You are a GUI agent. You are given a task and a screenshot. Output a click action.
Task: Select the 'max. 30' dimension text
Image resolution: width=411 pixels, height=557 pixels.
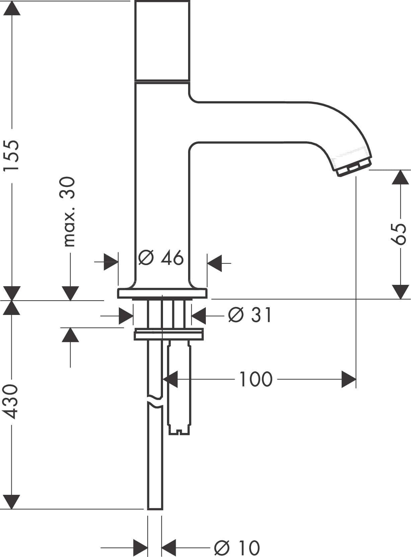pyautogui.click(x=67, y=212)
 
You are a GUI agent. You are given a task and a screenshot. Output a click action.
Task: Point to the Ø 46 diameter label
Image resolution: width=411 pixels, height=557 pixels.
pyautogui.click(x=161, y=258)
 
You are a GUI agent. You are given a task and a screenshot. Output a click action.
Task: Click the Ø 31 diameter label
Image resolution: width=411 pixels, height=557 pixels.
pyautogui.click(x=249, y=315)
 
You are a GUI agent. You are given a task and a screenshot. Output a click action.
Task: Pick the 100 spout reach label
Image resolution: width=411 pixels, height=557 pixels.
pyautogui.click(x=256, y=379)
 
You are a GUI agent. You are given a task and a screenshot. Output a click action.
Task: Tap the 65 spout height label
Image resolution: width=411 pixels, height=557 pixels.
pyautogui.click(x=398, y=234)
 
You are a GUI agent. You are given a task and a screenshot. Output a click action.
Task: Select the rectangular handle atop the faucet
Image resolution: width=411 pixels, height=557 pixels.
pyautogui.click(x=162, y=40)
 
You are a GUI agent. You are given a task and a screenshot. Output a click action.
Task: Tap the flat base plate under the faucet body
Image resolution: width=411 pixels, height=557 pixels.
pyautogui.click(x=162, y=293)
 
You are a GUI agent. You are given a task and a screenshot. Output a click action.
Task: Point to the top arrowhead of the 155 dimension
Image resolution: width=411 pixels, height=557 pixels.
pyautogui.click(x=11, y=8)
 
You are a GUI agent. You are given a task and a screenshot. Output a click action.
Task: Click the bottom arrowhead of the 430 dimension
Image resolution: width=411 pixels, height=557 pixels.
pyautogui.click(x=11, y=502)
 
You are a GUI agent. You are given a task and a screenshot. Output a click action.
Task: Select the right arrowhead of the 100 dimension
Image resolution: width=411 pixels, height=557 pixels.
pyautogui.click(x=348, y=379)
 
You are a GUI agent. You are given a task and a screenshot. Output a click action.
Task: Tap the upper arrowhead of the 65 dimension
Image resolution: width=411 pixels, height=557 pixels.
pyautogui.click(x=400, y=177)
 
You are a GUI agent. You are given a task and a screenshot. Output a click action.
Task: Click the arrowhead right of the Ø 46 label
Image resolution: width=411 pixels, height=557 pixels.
pyautogui.click(x=215, y=263)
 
